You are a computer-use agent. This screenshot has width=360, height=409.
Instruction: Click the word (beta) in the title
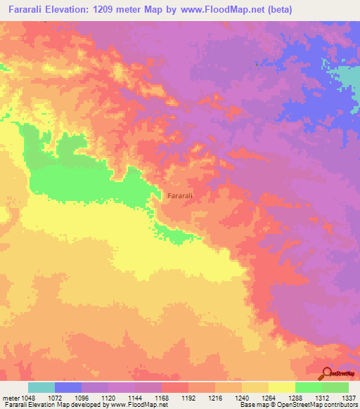278,10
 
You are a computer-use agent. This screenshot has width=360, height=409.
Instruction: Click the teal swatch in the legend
41,387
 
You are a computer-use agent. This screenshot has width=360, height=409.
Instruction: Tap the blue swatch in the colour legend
68,387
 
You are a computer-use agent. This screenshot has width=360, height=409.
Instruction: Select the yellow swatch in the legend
282,387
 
